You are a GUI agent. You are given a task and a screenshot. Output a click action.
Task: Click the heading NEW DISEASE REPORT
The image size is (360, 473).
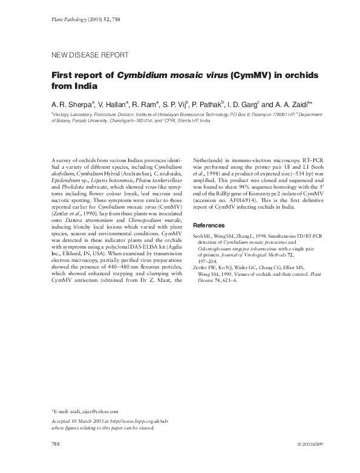[x=91, y=55]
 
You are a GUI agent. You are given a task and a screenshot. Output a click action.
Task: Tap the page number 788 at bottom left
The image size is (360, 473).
[x=56, y=444]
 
